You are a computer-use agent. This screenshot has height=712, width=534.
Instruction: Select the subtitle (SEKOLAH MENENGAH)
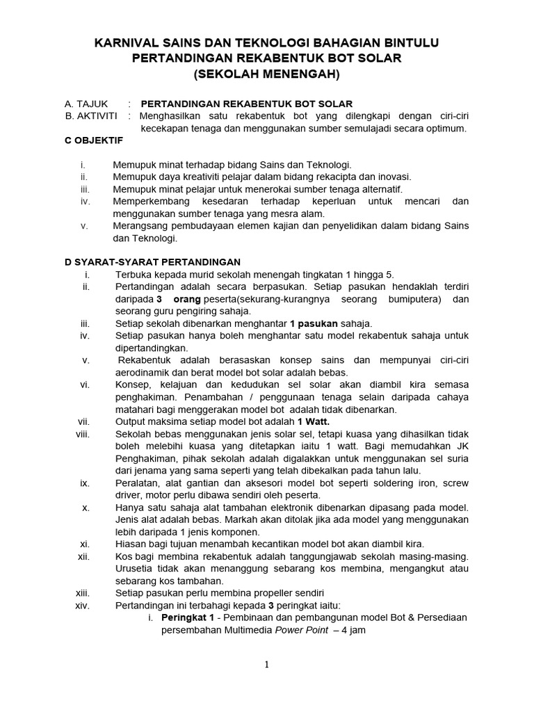[x=267, y=73]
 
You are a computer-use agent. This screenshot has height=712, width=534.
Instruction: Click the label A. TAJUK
[x=86, y=104]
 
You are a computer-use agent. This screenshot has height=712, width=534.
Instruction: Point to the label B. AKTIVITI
[x=91, y=115]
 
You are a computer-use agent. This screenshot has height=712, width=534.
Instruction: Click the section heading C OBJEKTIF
[x=94, y=140]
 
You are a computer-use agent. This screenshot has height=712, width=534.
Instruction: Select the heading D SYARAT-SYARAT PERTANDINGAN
[x=152, y=262]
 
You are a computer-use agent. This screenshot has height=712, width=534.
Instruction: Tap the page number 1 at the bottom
[x=267, y=665]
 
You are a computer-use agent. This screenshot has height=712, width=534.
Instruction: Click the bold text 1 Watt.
[x=314, y=421]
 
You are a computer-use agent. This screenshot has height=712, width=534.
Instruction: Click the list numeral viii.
[x=83, y=434]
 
